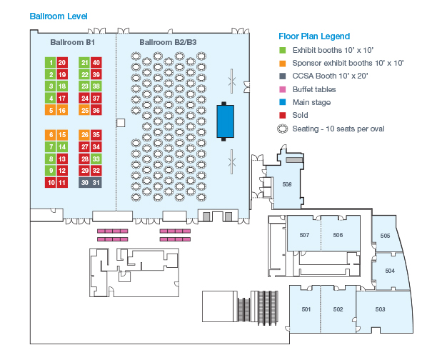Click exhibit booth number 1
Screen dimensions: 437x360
pos(51,62)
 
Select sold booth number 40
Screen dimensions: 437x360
pos(96,62)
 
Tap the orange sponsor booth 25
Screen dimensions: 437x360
pos(84,110)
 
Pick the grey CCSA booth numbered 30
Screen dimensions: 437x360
pos(84,183)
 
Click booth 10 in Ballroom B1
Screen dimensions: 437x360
pos(51,183)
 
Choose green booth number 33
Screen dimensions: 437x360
pos(96,159)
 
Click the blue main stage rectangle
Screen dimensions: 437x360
pos(225,121)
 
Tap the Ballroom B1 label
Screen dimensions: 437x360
pos(72,42)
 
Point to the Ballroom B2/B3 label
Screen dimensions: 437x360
pos(168,42)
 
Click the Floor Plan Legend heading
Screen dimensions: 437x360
pos(314,36)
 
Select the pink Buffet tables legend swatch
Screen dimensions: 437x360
pos(283,89)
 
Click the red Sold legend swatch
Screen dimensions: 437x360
pos(283,115)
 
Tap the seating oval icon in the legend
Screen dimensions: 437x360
pos(282,129)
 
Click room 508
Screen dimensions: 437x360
pos(287,184)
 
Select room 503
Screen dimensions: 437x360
pos(380,309)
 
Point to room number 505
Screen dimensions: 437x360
pos(385,236)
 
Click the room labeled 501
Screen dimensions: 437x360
pos(306,309)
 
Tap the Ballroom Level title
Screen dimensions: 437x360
pos(59,16)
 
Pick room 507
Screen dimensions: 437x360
pos(304,235)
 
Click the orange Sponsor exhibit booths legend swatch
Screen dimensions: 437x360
pos(283,64)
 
